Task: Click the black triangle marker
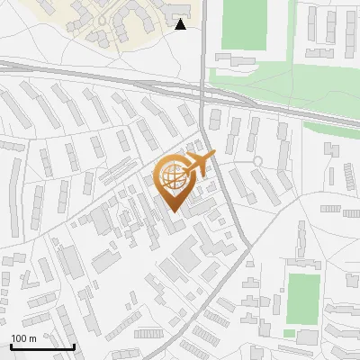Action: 181,24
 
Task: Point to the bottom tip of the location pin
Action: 173,211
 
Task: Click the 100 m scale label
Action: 23,337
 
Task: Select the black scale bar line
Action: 42,346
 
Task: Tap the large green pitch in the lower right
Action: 303,298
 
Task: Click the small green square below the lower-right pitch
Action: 289,334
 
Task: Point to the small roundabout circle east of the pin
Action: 258,161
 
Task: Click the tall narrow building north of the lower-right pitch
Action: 302,239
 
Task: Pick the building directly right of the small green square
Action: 307,336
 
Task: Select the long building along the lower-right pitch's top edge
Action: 305,264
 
